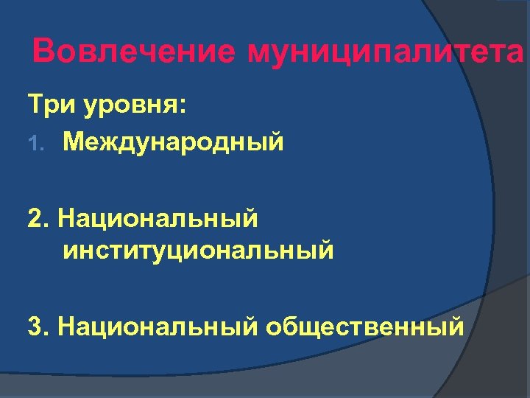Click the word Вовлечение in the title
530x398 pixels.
pos(134,52)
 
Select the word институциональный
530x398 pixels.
pos(198,251)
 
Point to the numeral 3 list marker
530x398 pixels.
pos(35,325)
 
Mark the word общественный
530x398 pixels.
pos(365,326)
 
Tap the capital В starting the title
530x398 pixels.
pos(45,52)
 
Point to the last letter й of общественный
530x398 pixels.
pos(456,326)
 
